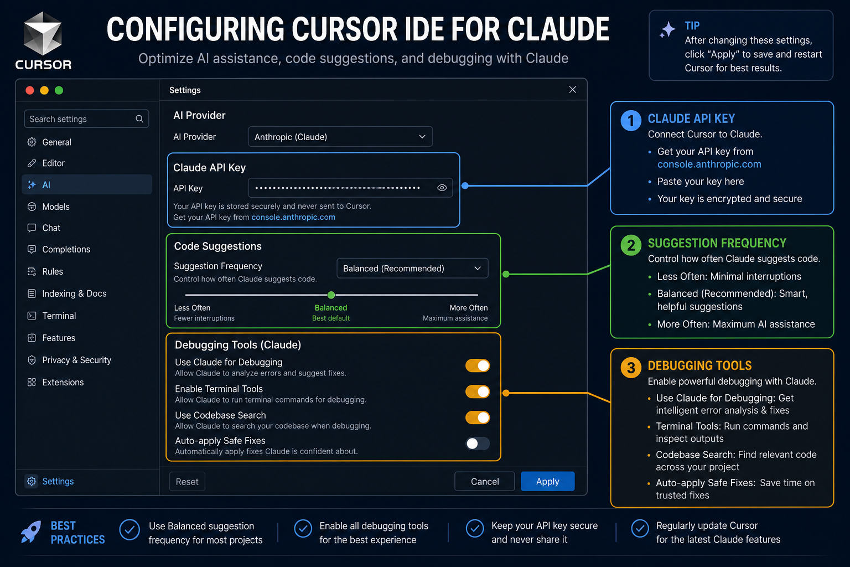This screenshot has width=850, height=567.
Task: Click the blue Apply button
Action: pos(547,481)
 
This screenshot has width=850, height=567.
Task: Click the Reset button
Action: pos(187,482)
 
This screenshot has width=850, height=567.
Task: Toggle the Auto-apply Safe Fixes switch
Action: pos(478,443)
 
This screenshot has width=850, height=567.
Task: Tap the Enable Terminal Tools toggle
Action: pos(478,391)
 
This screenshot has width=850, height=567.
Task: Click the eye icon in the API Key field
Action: pos(442,188)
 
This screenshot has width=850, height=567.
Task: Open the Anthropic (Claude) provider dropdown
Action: pos(340,137)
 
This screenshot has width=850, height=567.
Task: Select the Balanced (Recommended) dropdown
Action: pos(412,269)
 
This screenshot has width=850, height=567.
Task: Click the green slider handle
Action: pos(331,295)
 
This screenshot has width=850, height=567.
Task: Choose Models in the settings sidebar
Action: pos(56,207)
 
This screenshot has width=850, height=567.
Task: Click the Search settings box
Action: pos(86,119)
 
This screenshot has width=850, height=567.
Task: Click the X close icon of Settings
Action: pos(573,90)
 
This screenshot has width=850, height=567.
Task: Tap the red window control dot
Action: pos(29,90)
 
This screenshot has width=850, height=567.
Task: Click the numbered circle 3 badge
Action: pos(631,368)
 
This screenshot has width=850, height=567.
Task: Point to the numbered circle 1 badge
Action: pos(631,121)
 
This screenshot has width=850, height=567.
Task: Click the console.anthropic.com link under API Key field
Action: pos(293,217)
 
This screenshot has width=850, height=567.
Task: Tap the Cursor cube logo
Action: pos(43,33)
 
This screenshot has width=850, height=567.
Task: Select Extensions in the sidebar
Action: pos(63,382)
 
